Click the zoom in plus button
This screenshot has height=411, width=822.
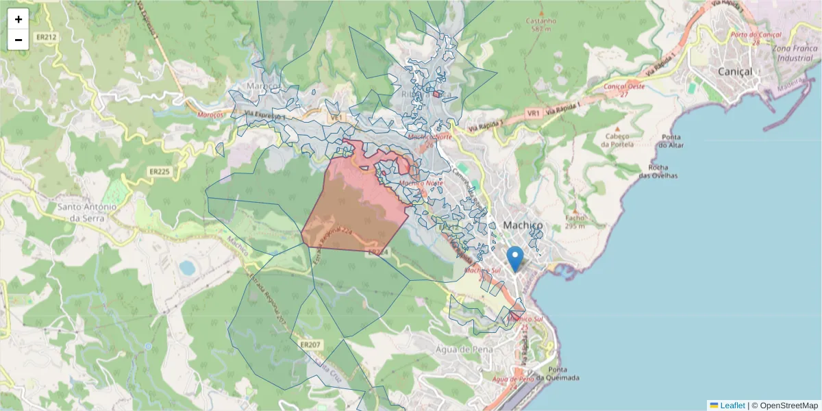click(x=18, y=19)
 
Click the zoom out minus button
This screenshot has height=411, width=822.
click(x=18, y=40)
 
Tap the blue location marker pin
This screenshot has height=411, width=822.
click(x=515, y=259)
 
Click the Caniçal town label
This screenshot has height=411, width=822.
click(x=734, y=71)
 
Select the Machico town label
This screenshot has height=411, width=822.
click(x=523, y=225)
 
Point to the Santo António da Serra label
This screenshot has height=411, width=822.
click(x=86, y=212)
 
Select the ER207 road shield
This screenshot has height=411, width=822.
click(x=310, y=344)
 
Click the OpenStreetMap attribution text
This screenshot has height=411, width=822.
click(x=788, y=406)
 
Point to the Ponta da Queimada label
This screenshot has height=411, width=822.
click(x=558, y=374)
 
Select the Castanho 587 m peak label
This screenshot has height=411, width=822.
click(x=540, y=25)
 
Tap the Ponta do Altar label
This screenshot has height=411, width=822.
click(x=672, y=140)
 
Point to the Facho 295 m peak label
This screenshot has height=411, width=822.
click(x=575, y=221)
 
